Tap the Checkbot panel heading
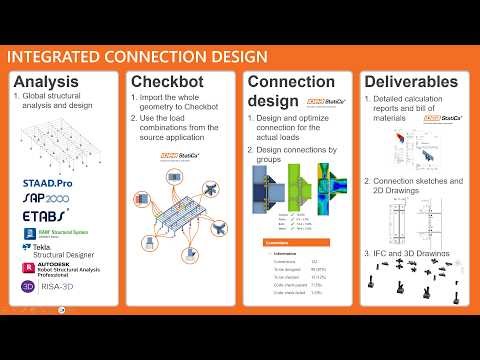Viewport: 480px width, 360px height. (x=169, y=82)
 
